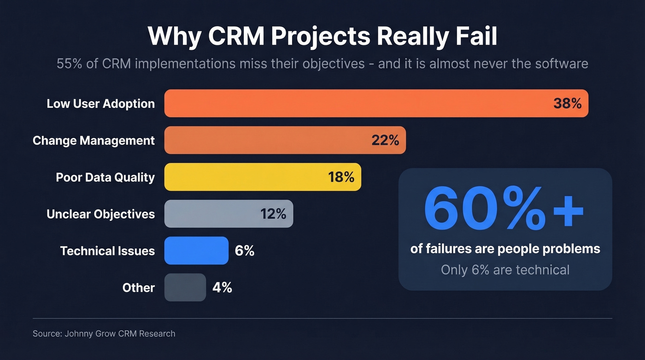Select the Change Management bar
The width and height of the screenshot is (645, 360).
(x=267, y=140)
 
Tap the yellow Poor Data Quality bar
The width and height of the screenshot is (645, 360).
(x=244, y=177)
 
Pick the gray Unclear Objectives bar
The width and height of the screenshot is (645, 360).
(x=212, y=214)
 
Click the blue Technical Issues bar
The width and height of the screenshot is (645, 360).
(x=196, y=251)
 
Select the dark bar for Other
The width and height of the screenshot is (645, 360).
(x=185, y=288)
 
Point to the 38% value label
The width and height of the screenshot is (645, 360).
(x=567, y=103)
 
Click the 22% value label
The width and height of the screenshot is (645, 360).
(x=385, y=140)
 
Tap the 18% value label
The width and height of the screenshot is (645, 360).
(x=341, y=177)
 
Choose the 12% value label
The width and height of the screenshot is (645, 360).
(x=273, y=214)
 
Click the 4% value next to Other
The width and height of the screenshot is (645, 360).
(x=222, y=288)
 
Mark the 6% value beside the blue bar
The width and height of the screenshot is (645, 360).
(x=245, y=251)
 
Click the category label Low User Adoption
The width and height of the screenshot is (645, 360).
(x=100, y=103)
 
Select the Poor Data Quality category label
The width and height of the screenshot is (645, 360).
(x=105, y=177)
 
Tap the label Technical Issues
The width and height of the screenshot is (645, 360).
(x=107, y=251)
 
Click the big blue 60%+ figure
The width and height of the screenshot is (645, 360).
(x=504, y=209)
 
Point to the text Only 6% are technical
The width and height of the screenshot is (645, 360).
(x=505, y=270)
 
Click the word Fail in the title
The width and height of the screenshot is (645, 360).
(x=477, y=36)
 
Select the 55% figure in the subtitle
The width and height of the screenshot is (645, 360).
(x=70, y=63)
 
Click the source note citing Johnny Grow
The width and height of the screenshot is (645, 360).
(x=104, y=333)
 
